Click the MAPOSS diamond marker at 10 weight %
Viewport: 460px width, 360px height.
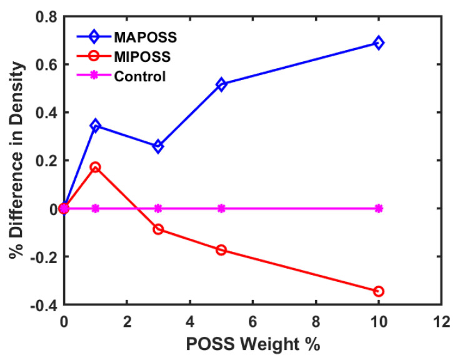coord(378,42)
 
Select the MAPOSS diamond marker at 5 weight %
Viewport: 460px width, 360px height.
coord(221,84)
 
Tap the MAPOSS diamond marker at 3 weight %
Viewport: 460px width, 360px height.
coord(158,146)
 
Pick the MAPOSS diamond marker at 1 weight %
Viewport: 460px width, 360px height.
coord(95,126)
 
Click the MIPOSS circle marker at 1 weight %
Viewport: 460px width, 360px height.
coord(95,167)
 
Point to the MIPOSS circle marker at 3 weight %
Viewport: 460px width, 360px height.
coord(158,229)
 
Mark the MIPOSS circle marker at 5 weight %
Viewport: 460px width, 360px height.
coord(221,250)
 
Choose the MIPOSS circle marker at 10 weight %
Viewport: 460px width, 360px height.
coord(378,291)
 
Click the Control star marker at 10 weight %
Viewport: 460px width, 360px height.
coord(378,208)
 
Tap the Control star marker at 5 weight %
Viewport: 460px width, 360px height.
coord(221,208)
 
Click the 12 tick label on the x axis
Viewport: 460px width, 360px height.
coord(441,322)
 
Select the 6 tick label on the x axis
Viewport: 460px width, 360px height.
coord(252,322)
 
